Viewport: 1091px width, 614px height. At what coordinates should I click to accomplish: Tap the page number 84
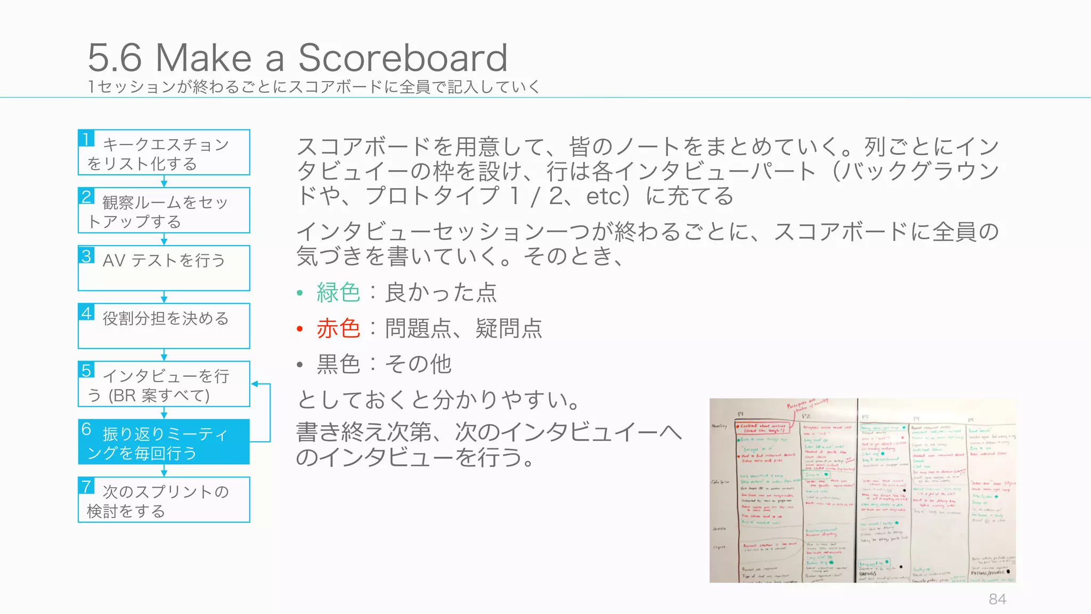(x=997, y=599)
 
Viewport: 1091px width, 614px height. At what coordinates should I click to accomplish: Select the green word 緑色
(x=338, y=293)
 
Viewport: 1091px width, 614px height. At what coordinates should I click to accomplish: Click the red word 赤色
(x=338, y=328)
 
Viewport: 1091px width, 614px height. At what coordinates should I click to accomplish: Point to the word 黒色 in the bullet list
(x=338, y=364)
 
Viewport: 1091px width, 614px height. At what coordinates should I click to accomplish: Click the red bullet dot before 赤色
(x=300, y=329)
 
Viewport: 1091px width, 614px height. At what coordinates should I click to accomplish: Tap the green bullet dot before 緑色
(x=300, y=293)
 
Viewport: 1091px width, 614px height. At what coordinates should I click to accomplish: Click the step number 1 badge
(x=86, y=139)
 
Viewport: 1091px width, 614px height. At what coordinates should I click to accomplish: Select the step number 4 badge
(x=86, y=312)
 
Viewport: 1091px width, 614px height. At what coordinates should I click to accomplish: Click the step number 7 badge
(x=86, y=486)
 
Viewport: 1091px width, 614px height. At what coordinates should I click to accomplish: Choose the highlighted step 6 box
(x=164, y=442)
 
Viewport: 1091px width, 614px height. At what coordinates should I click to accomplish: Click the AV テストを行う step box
(x=164, y=268)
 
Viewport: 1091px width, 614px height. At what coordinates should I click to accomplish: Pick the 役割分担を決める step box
(x=164, y=326)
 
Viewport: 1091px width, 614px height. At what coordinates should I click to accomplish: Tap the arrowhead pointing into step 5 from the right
(x=255, y=384)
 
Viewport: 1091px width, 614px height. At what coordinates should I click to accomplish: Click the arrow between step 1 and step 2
(x=164, y=181)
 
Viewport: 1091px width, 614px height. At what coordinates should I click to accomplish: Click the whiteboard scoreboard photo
(x=862, y=490)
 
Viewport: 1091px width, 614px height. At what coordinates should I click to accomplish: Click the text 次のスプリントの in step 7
(x=166, y=491)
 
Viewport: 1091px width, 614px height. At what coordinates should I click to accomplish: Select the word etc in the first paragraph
(x=604, y=196)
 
